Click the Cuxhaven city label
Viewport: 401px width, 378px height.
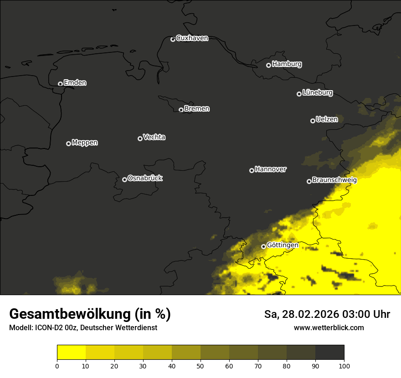(192, 38)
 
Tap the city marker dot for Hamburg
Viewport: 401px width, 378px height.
(268, 65)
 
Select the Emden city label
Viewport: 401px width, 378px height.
(75, 83)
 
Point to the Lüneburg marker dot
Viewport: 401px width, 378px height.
(299, 94)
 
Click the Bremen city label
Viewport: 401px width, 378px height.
(197, 109)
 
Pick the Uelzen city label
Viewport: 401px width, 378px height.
(327, 119)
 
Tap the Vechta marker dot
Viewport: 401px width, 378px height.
(140, 138)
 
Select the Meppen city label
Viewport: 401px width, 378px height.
(85, 143)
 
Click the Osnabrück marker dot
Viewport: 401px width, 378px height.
(124, 179)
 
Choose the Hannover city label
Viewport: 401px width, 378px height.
(271, 169)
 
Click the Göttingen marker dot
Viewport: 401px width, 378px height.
(263, 246)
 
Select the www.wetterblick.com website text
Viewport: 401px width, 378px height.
(329, 328)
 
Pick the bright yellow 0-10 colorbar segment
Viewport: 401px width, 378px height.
(71, 352)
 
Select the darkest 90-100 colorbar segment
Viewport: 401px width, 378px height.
(329, 352)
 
